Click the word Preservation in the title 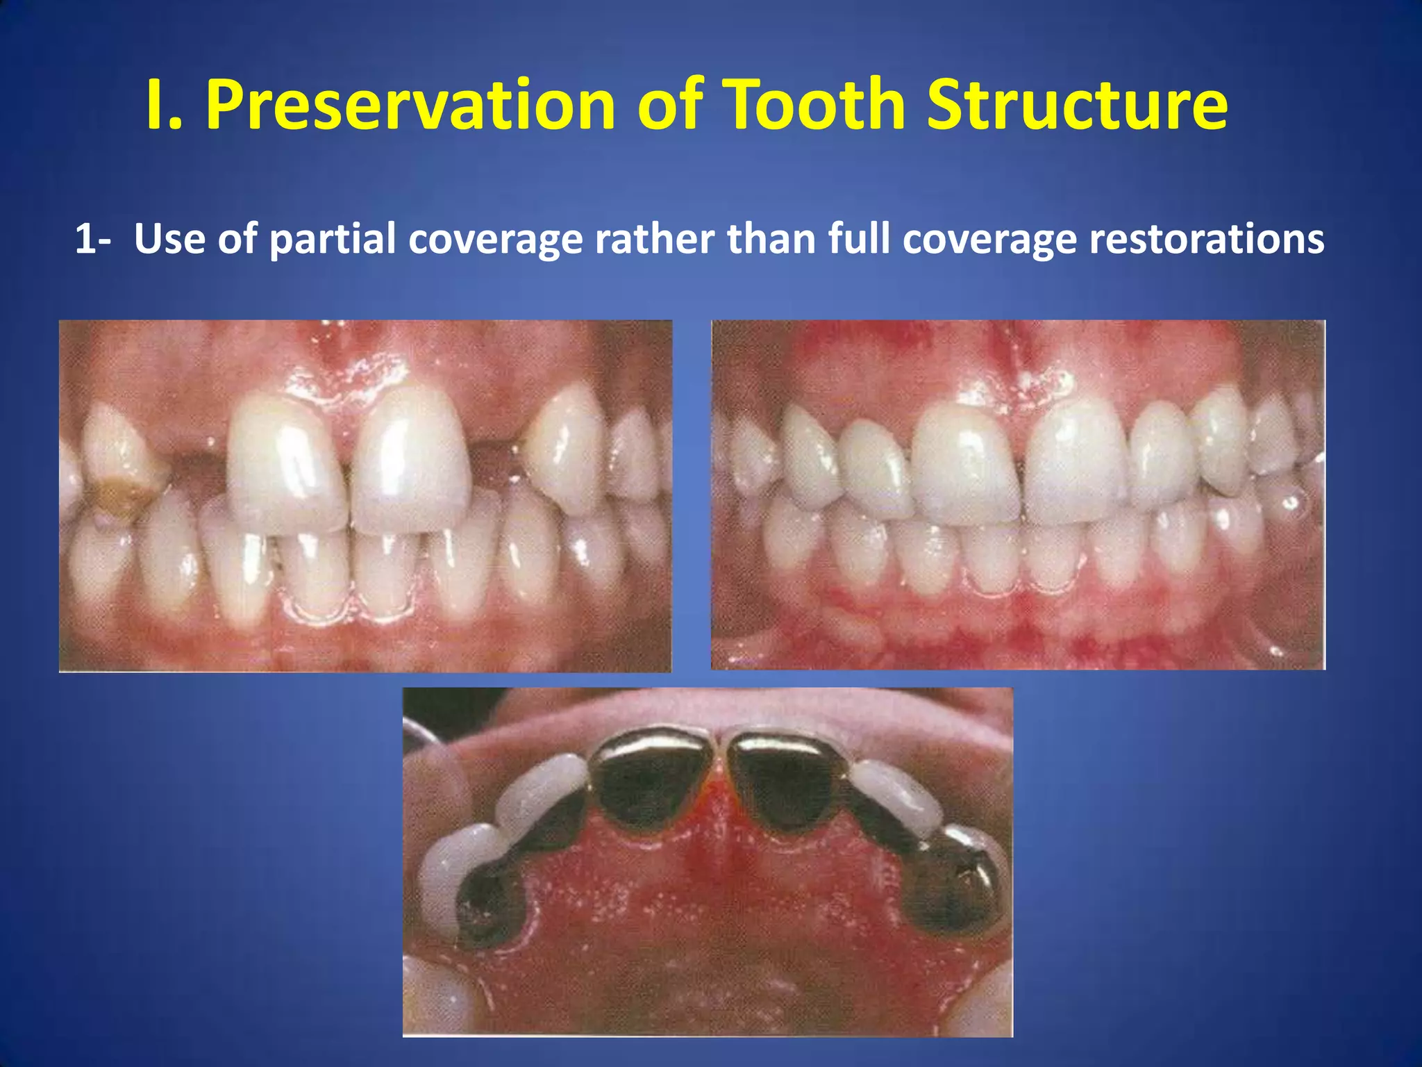(410, 106)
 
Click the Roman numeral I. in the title (164, 106)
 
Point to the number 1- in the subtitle (92, 239)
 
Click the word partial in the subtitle (331, 240)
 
